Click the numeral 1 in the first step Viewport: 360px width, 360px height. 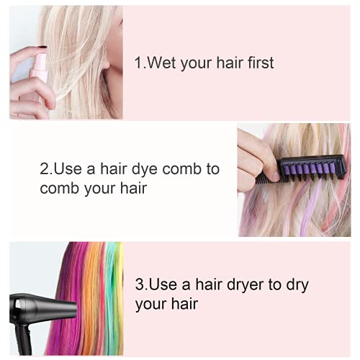(x=138, y=63)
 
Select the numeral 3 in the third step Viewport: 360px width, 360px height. (x=140, y=284)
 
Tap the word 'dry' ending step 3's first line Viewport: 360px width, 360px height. (x=296, y=284)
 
